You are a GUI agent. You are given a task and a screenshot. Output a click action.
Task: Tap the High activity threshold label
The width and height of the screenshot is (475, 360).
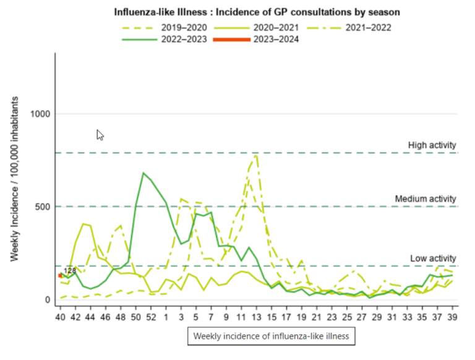(x=432, y=145)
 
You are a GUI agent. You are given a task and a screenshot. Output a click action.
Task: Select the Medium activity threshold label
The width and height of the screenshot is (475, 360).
(x=426, y=199)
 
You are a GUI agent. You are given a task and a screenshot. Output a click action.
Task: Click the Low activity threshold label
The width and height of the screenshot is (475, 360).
(x=433, y=258)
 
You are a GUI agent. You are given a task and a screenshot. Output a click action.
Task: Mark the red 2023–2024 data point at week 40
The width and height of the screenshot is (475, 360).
(x=60, y=276)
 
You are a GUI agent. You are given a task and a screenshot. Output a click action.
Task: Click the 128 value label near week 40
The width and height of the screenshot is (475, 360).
(x=69, y=271)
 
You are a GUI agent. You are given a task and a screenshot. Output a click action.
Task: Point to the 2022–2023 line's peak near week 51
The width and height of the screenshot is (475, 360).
(x=143, y=173)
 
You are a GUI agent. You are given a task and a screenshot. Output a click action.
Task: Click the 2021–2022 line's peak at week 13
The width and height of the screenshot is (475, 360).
(x=255, y=156)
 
